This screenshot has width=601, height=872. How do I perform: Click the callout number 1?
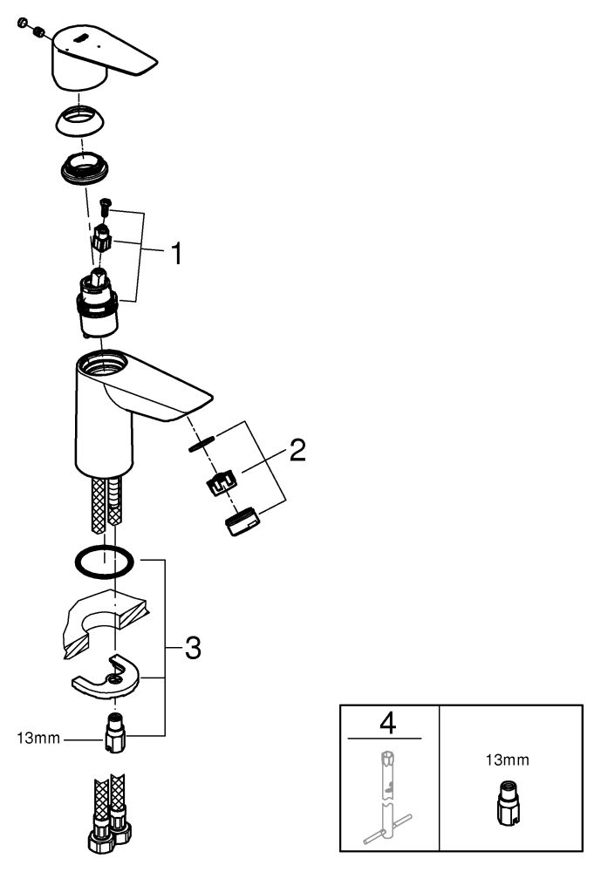click(x=176, y=255)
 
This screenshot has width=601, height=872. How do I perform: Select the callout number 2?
click(x=297, y=451)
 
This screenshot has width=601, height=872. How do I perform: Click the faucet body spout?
click(x=131, y=401)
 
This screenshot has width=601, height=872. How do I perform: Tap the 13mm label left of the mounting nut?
click(x=38, y=739)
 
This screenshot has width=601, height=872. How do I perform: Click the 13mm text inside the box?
click(x=508, y=760)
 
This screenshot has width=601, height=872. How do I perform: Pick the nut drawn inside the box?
click(x=508, y=800)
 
